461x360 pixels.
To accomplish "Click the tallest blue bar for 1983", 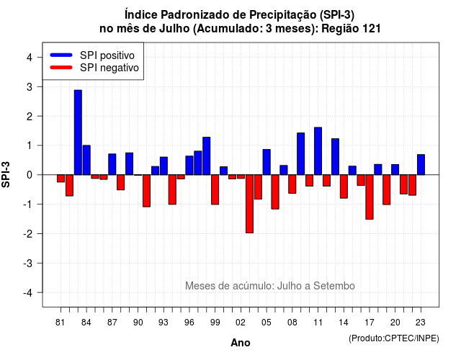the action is coord(78,132).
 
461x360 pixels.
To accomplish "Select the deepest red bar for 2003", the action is coord(249,204).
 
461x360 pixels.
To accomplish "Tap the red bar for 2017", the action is coord(370,197).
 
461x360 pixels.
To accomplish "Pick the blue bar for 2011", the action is coord(318,151).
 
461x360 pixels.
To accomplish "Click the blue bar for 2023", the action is coord(421,165).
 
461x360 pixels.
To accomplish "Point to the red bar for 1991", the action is coord(146,191).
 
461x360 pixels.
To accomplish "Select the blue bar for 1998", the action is coord(207,156).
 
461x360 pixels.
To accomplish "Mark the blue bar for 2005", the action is coord(267,162).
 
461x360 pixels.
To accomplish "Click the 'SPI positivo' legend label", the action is coord(107,55).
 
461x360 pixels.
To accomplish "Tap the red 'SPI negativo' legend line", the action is coord(61,68).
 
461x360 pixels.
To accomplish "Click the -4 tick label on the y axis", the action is coord(29,293).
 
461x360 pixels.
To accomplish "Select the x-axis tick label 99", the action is coord(215,323).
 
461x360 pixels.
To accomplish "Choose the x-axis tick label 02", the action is coord(241,323).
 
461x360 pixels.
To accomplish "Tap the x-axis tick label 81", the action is coord(60,323).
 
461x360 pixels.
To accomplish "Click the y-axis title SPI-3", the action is coord(6,174).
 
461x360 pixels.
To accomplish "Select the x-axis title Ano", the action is coord(241,343).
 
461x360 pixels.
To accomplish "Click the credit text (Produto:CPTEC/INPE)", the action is coord(394,338).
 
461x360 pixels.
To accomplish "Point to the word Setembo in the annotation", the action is coord(334,286).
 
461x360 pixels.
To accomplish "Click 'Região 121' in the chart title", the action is coord(351,29).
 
